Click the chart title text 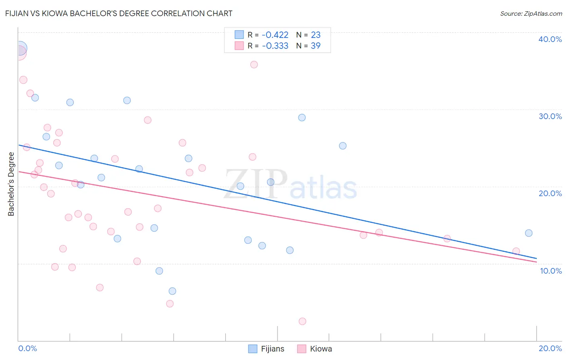119,13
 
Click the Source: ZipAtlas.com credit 531,14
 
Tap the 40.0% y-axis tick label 550,39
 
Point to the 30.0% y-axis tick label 550,116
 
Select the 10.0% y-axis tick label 550,271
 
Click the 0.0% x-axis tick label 27,348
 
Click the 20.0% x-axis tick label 550,348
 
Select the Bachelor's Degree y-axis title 11,184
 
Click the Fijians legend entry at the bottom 267,349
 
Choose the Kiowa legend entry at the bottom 315,349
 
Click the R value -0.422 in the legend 275,35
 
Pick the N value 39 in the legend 315,46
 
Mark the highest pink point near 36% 254,65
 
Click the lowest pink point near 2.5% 302,321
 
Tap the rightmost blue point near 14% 529,233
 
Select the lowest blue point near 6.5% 172,291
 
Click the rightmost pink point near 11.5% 516,251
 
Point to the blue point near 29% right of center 302,117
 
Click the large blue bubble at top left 19,48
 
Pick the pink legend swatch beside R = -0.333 239,46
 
